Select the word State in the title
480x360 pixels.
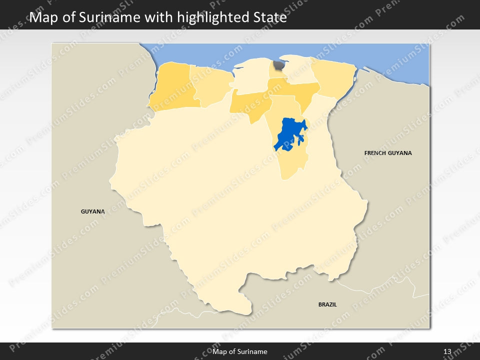coord(268,18)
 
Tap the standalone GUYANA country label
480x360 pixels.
coord(93,211)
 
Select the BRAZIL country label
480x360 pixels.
coord(327,304)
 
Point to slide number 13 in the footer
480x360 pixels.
coord(447,351)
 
